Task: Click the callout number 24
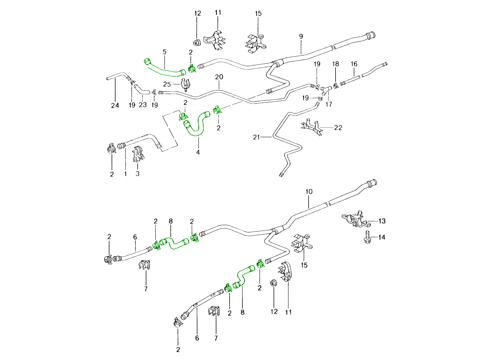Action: click(115, 106)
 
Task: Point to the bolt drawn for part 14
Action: click(367, 238)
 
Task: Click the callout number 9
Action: click(301, 36)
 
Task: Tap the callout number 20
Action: click(219, 76)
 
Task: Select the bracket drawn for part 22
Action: click(312, 127)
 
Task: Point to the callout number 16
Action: click(354, 64)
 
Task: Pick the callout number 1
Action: click(126, 174)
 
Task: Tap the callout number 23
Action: click(143, 106)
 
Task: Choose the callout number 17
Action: click(328, 105)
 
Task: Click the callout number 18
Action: click(335, 64)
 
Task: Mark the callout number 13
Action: click(382, 221)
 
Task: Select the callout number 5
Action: click(164, 52)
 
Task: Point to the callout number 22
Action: click(338, 128)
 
